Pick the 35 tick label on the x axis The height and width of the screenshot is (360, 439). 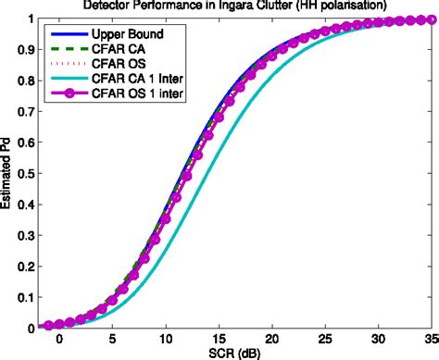431,340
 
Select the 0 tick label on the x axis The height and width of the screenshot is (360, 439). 58,340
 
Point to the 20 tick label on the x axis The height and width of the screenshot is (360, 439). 270,340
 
